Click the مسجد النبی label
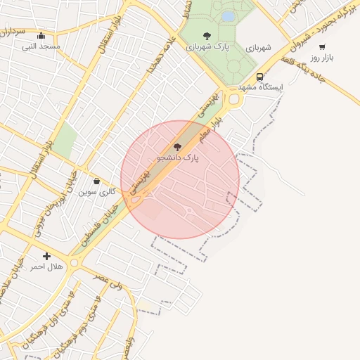[x=41, y=46]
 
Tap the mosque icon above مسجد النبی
[x=41, y=36]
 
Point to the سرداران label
[x=13, y=32]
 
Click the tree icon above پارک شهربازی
[x=206, y=35]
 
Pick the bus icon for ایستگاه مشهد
[x=260, y=77]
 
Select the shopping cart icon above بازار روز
[x=322, y=47]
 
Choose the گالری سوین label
[x=96, y=191]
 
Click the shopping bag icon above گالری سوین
[x=96, y=181]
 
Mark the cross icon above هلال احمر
[x=46, y=256]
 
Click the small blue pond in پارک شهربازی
[x=228, y=15]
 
